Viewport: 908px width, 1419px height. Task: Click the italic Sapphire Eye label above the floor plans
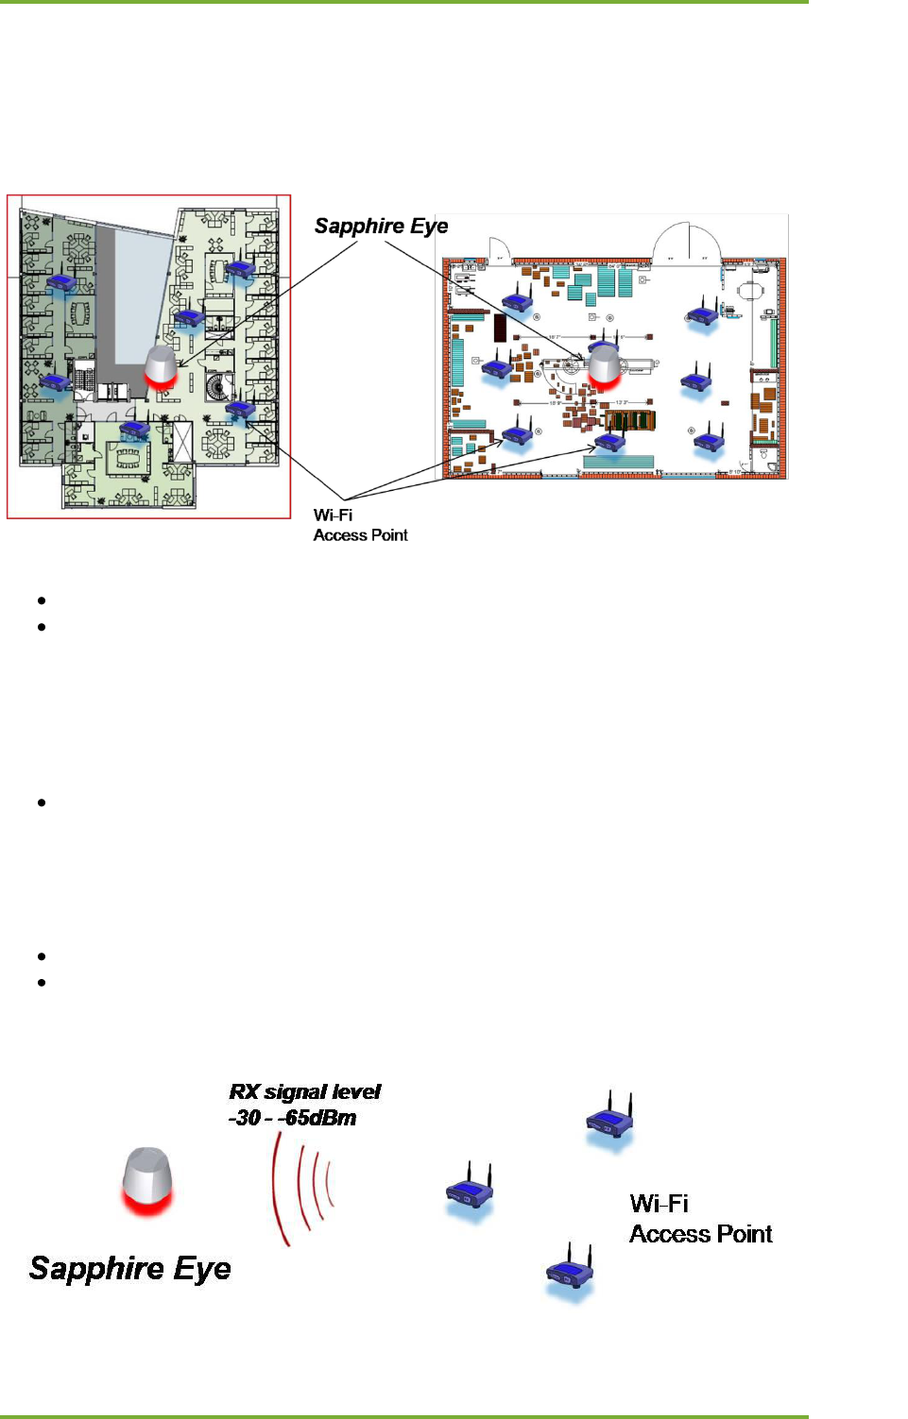click(381, 227)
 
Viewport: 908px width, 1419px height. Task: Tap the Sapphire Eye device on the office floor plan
click(161, 366)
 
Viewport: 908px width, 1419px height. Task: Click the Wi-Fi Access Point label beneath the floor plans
click(360, 525)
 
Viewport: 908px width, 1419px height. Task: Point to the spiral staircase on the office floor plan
click(220, 385)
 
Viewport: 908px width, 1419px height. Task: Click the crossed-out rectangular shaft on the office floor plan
click(182, 442)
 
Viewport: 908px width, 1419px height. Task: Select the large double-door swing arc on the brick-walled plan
click(685, 242)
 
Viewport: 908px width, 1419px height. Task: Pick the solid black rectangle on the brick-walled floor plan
click(500, 327)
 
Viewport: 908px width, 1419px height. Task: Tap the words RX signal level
click(304, 1092)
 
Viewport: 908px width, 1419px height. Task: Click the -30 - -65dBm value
click(292, 1118)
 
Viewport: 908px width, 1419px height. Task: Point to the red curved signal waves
click(302, 1189)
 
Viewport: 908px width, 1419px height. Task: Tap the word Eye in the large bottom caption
click(201, 1269)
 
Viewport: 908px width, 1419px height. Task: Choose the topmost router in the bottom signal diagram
click(609, 1120)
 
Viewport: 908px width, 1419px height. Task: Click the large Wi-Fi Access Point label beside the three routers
click(700, 1219)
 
